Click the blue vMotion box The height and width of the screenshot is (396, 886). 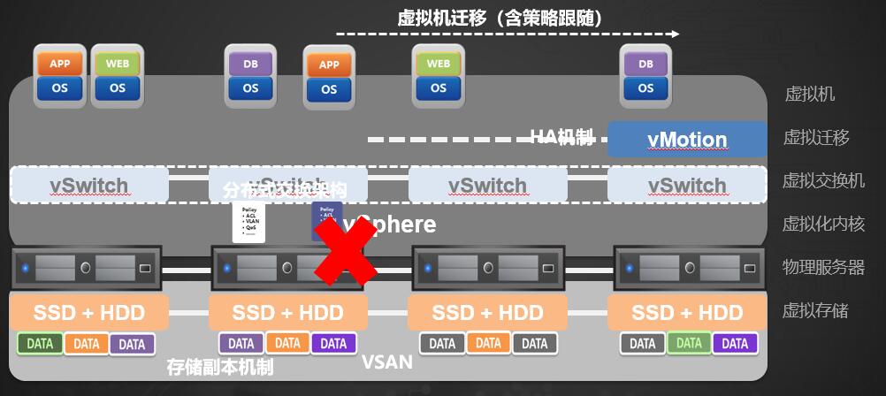[x=687, y=140]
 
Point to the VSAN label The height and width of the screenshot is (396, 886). [x=387, y=362]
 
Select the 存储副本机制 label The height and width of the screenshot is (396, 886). [x=220, y=367]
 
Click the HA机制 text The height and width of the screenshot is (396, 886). [x=561, y=136]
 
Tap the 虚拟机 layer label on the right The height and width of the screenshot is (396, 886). [x=810, y=95]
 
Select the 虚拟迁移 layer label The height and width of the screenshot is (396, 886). [x=816, y=137]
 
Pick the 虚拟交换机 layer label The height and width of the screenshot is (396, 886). [x=823, y=180]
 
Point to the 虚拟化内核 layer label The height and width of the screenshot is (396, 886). [x=823, y=224]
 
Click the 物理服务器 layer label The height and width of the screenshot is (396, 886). [x=823, y=267]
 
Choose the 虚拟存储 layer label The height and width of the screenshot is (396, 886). [x=816, y=310]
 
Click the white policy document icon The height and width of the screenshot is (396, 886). [x=248, y=223]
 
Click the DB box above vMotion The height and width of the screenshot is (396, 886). [x=645, y=64]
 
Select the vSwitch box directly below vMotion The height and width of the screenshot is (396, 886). [x=687, y=185]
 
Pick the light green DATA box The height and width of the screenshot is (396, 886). [x=689, y=343]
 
